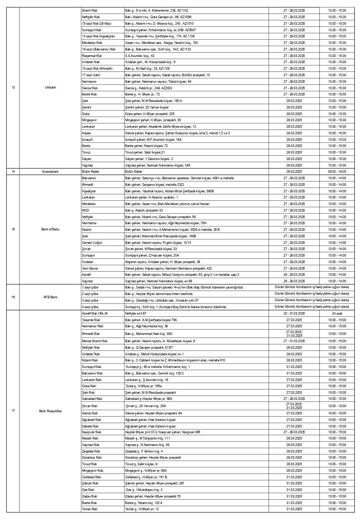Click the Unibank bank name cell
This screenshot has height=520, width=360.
click(x=50, y=88)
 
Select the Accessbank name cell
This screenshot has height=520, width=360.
click(x=50, y=171)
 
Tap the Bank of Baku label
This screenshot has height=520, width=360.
click(x=50, y=229)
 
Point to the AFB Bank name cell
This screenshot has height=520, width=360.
click(x=50, y=297)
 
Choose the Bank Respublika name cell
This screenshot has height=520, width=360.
click(x=50, y=411)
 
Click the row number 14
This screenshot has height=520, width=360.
click(x=13, y=171)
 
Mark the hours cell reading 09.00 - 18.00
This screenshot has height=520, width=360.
click(x=337, y=171)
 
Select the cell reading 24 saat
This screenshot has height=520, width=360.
click(x=337, y=313)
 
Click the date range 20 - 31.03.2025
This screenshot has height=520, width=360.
click(x=294, y=313)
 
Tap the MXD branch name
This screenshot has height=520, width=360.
click(x=86, y=210)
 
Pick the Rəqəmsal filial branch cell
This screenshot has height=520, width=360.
click(x=92, y=56)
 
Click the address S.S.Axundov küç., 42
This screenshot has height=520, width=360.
click(x=140, y=56)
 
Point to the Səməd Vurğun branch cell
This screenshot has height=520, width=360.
click(x=92, y=242)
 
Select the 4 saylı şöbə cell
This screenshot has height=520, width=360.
click(x=90, y=307)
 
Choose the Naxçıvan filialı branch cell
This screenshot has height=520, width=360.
click(x=92, y=432)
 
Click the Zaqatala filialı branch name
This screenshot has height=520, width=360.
click(x=92, y=451)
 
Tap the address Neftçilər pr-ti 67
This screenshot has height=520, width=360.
click(x=136, y=313)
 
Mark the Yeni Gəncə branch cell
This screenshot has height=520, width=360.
click(x=90, y=268)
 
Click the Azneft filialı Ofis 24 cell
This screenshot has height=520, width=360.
click(x=95, y=313)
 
